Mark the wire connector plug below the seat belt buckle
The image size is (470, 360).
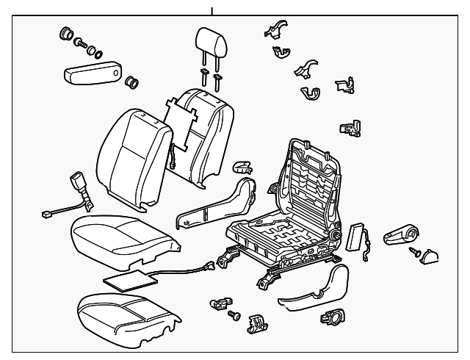coord(48,215)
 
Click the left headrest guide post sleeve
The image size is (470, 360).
coord(203,76)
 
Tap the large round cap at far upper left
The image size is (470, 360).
coord(64,32)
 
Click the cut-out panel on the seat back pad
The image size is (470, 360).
coord(181,120)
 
